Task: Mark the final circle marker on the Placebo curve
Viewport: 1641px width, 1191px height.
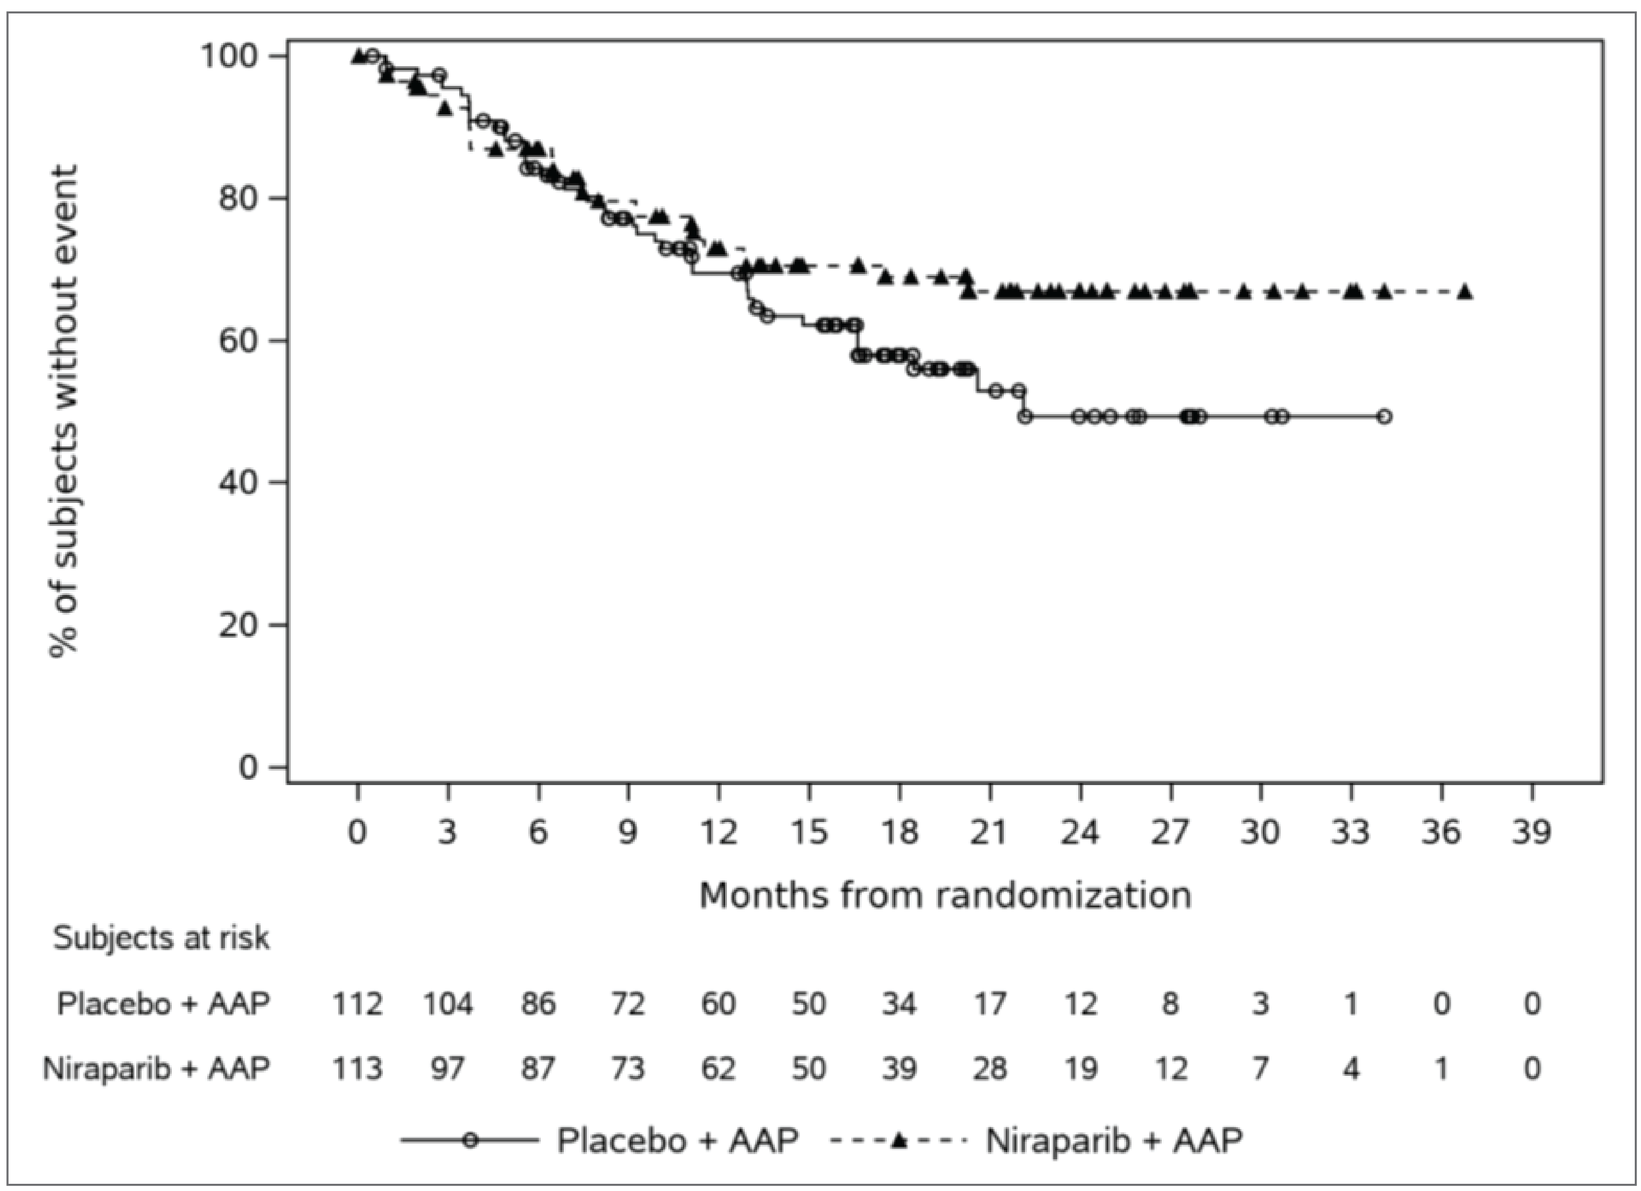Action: [x=1383, y=417]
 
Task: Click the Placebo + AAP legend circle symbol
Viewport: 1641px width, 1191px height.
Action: [x=470, y=1140]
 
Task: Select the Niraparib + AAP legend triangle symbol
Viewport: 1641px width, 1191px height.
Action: [x=899, y=1140]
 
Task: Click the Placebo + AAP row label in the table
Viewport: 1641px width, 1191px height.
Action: [x=164, y=1003]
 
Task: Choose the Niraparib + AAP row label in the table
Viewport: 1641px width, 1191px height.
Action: [x=156, y=1068]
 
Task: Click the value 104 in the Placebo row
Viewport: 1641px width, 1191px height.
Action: [x=447, y=1003]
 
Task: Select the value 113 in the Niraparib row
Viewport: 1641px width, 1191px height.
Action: [x=357, y=1068]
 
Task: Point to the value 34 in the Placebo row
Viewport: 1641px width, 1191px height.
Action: [x=899, y=1003]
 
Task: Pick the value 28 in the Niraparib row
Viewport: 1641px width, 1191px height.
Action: [x=989, y=1068]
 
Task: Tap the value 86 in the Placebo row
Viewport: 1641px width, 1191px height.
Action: [x=537, y=1003]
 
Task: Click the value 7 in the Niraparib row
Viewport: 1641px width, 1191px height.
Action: [x=1260, y=1068]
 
